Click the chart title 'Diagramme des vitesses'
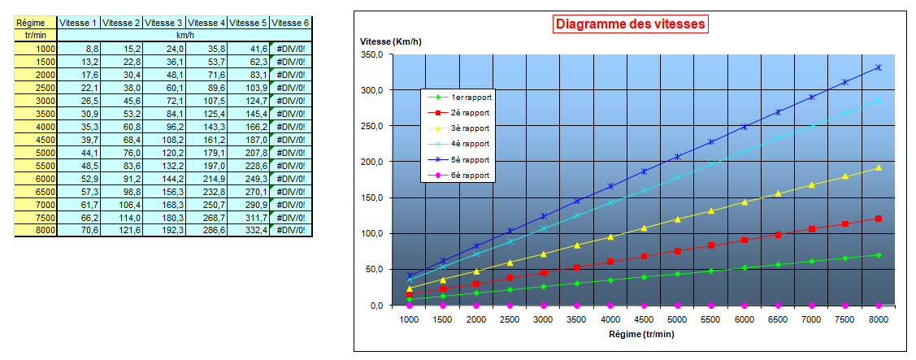click(631, 24)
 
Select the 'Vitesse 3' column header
click(163, 23)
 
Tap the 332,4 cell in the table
click(249, 231)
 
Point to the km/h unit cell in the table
click(185, 36)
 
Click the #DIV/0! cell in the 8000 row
click(291, 231)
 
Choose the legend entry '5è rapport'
click(472, 159)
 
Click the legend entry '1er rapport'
click(472, 97)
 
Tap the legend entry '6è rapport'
click(472, 176)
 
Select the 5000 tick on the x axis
click(677, 320)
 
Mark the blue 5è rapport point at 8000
click(879, 67)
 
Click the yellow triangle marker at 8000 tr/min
click(879, 167)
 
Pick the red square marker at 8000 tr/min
click(879, 219)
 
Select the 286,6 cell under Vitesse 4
click(206, 231)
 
